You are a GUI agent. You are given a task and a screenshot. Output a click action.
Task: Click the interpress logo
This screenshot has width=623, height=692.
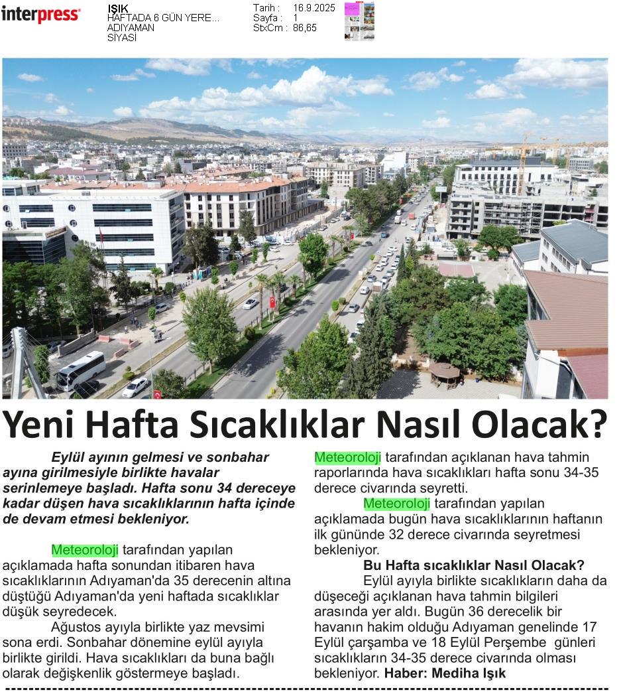tap(40, 14)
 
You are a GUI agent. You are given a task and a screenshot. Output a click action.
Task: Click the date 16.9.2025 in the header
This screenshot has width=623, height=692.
tap(313, 8)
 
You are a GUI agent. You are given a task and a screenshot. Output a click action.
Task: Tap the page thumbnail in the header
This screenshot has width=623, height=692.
tap(359, 21)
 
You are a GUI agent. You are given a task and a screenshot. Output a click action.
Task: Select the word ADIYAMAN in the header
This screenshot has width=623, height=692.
tap(131, 28)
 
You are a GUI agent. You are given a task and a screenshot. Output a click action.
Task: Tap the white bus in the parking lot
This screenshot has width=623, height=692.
tap(80, 370)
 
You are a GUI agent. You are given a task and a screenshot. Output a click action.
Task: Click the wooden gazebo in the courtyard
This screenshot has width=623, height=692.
tap(444, 374)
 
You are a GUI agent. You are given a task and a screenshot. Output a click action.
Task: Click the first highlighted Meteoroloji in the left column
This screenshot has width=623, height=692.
tap(85, 550)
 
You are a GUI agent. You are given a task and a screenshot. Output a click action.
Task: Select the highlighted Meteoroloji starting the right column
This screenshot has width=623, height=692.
tap(347, 457)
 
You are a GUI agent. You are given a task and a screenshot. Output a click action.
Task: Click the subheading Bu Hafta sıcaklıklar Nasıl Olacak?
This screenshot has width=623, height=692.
tap(473, 565)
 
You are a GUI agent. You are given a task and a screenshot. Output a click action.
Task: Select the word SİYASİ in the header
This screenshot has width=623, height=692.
tap(122, 38)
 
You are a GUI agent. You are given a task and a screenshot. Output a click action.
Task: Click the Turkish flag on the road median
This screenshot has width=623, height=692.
tap(272, 301)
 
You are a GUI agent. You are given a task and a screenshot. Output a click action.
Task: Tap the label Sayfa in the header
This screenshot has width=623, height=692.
tap(266, 18)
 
